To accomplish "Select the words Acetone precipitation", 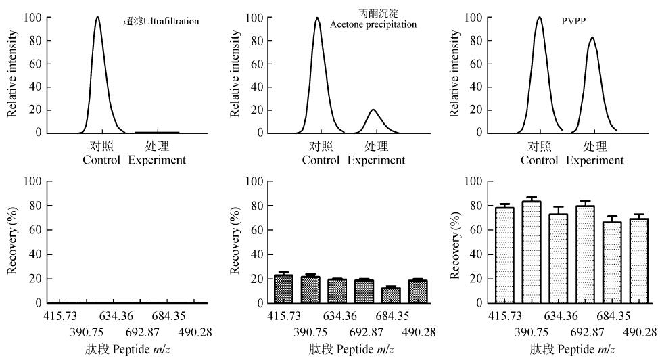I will coord(373,25).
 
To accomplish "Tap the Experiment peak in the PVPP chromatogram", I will coord(592,81).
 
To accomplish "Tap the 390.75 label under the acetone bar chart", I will coord(311,331).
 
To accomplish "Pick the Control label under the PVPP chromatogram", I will coord(540,160).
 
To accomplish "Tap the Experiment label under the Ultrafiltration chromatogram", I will coord(157,160).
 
